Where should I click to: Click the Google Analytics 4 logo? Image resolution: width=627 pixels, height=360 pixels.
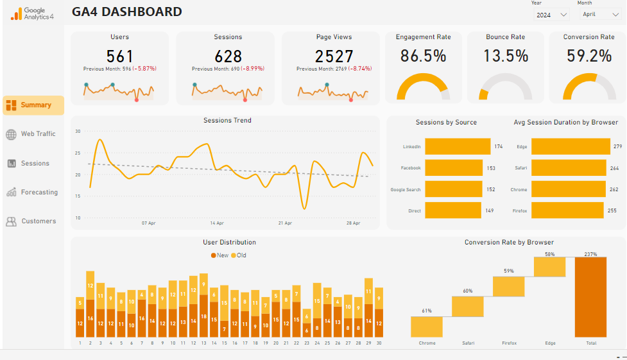click(32, 13)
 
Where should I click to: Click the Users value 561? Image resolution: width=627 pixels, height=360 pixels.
click(119, 56)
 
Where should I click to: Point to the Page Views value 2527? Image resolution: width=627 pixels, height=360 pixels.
click(334, 56)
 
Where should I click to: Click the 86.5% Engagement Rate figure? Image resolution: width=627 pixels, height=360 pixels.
click(423, 56)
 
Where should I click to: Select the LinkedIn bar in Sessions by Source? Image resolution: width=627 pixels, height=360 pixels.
click(458, 146)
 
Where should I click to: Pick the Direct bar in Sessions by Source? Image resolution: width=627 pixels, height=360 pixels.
click(453, 210)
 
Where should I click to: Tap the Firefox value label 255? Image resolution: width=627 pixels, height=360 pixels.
click(612, 210)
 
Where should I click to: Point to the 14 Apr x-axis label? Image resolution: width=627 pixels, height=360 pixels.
click(217, 223)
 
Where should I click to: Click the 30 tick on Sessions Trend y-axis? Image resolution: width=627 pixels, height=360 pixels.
click(78, 131)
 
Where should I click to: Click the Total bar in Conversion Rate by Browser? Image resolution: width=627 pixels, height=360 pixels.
click(591, 296)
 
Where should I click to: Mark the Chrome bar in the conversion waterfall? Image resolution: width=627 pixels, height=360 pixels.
click(427, 326)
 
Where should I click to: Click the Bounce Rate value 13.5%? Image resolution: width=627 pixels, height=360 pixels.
click(506, 56)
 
